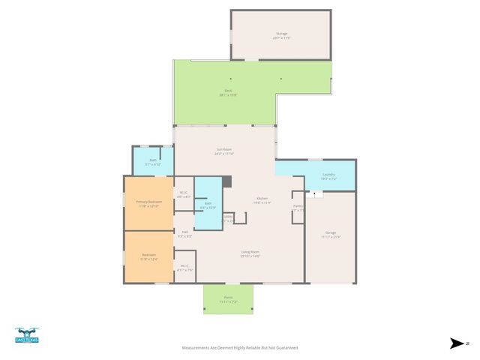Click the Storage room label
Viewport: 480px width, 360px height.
tap(282, 34)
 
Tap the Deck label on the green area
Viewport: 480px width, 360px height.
tap(228, 91)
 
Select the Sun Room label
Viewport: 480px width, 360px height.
tap(224, 150)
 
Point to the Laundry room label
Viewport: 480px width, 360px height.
tap(328, 175)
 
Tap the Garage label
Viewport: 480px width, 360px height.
tap(331, 233)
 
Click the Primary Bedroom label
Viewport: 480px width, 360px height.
tap(148, 202)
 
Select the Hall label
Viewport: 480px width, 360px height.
tap(184, 232)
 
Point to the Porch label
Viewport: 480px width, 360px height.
tap(228, 298)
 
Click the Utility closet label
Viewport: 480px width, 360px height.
tap(227, 217)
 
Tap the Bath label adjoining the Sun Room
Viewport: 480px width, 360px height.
tap(152, 160)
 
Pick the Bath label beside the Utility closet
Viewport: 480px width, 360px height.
tap(208, 203)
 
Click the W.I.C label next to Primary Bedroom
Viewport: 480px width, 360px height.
tap(184, 193)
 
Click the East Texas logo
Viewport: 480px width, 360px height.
tap(27, 336)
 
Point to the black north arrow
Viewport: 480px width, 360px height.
tap(457, 343)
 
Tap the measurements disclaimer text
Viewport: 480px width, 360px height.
tap(240, 348)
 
